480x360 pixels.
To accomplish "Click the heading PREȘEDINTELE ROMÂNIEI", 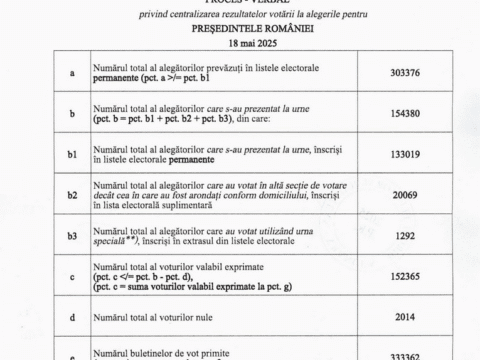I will point(239,30).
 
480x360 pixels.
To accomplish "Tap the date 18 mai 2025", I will point(239,46).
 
